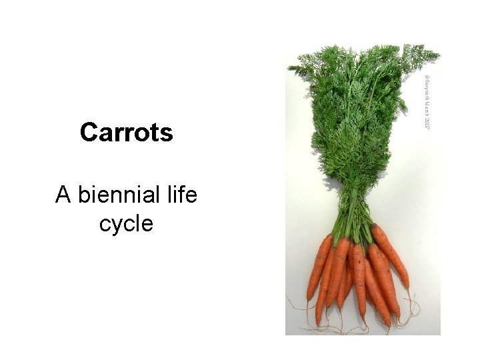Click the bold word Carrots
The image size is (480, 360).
[x=126, y=133]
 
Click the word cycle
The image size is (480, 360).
[x=126, y=223]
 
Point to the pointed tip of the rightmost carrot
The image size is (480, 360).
[x=408, y=287]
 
